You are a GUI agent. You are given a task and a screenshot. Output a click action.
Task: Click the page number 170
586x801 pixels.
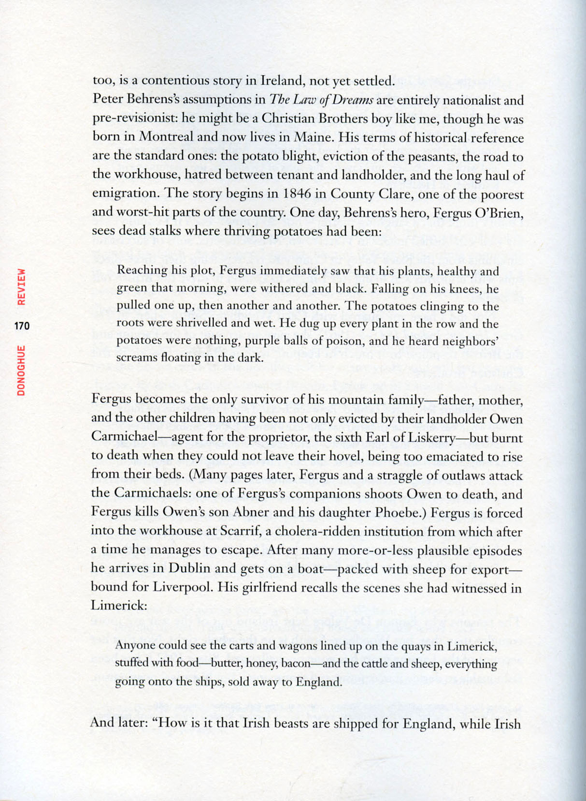(22, 326)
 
